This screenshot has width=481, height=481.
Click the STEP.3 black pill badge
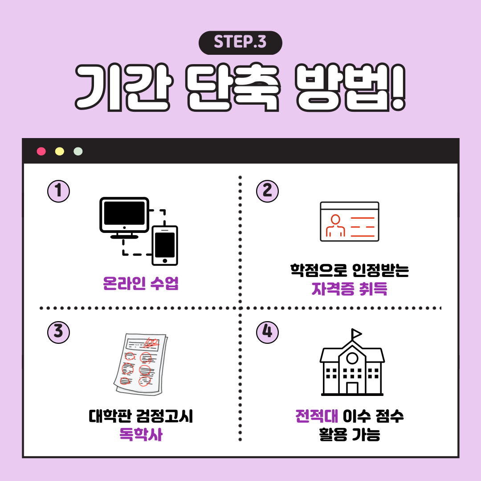pos(240,43)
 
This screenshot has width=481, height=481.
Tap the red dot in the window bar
pos(41,151)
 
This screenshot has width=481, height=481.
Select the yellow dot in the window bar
pos(60,151)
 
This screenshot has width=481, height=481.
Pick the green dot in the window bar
pos(78,151)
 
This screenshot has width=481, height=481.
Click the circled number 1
pos(58,191)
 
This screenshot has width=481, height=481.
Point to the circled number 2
pos(267,191)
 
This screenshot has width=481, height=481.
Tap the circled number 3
pos(58,332)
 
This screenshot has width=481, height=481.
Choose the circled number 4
pos(267,332)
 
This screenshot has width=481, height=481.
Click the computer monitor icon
pos(124,217)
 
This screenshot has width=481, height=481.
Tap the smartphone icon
pos(165,245)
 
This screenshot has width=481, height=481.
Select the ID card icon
pos(350,221)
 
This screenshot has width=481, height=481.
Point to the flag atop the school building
pos(356,333)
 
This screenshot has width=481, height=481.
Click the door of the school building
pos(352,388)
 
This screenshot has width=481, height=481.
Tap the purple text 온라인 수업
pos(140,283)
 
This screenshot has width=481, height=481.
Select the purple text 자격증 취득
pos(350,289)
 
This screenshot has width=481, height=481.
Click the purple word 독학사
pos(140,434)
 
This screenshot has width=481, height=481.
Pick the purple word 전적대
pos(317,416)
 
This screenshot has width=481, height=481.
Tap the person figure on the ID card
pos(335,225)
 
